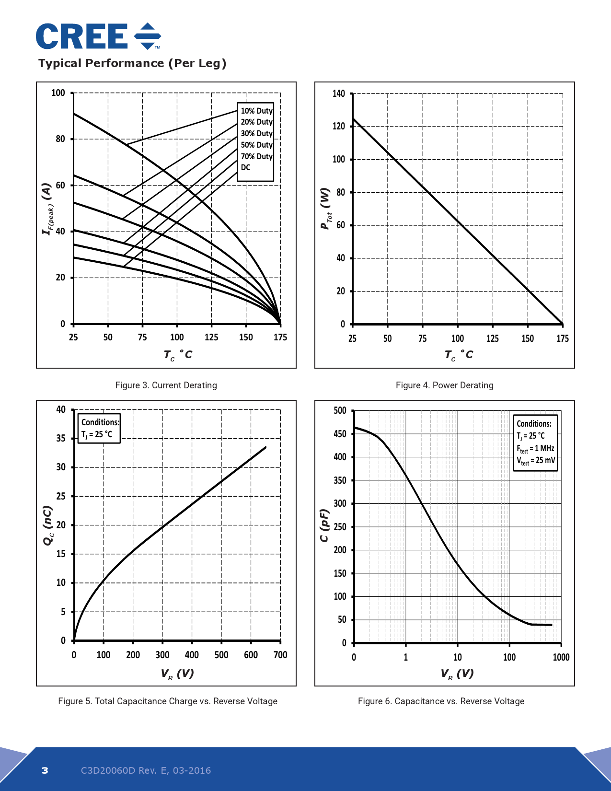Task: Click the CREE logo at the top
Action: click(x=98, y=36)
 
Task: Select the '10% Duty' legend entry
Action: click(x=256, y=111)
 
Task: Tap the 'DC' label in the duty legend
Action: click(x=246, y=167)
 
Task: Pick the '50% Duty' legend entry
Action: click(x=256, y=145)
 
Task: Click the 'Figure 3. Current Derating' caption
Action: click(x=166, y=385)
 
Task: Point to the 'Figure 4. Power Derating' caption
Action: click(x=444, y=385)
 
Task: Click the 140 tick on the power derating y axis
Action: click(x=339, y=93)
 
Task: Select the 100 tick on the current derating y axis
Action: click(x=58, y=93)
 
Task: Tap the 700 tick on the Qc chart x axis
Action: click(x=280, y=655)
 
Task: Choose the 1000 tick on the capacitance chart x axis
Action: click(x=561, y=657)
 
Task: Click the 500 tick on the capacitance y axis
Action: click(x=340, y=410)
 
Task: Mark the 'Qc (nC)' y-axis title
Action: click(x=48, y=525)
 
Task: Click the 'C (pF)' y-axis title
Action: click(x=324, y=525)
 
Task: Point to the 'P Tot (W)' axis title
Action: click(x=325, y=209)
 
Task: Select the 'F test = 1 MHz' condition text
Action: click(x=535, y=449)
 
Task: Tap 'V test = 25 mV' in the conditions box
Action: click(x=536, y=461)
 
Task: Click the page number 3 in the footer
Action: click(x=45, y=770)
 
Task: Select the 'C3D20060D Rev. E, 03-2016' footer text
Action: click(x=146, y=770)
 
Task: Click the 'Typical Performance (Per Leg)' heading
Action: click(x=132, y=63)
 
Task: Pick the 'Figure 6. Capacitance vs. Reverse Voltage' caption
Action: click(x=441, y=701)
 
